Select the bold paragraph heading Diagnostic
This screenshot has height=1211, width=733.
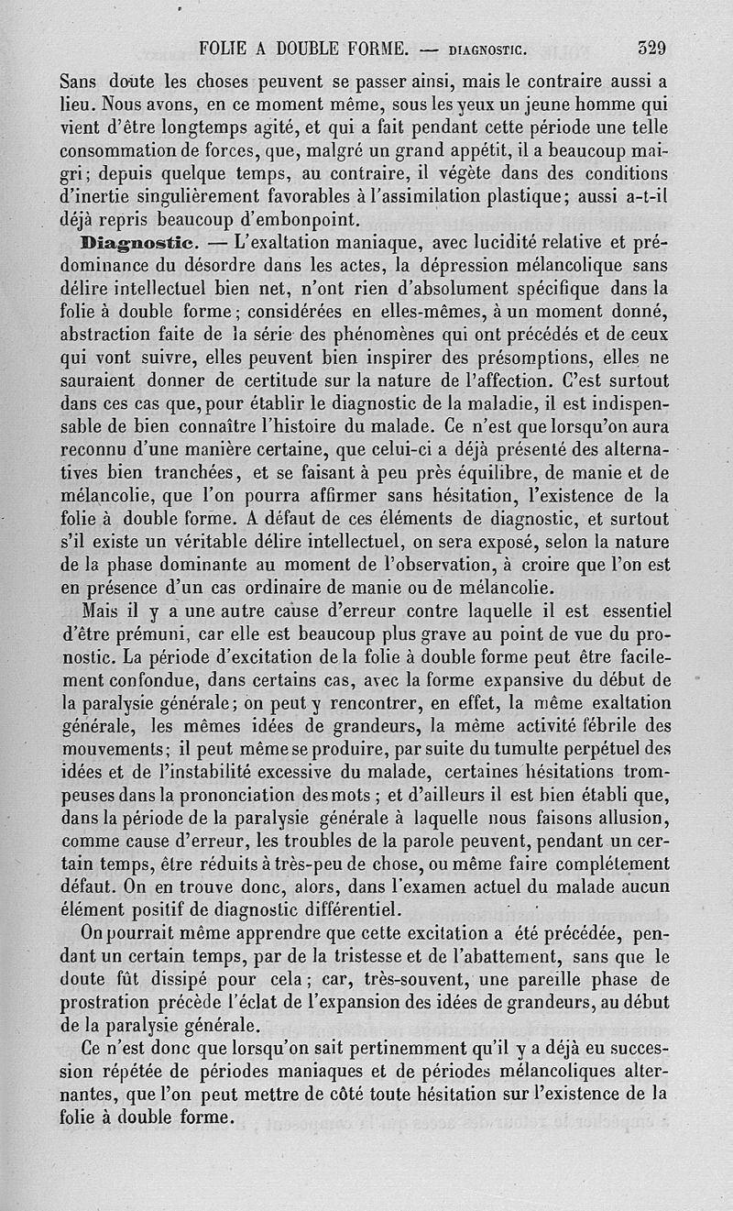pos(135,244)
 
